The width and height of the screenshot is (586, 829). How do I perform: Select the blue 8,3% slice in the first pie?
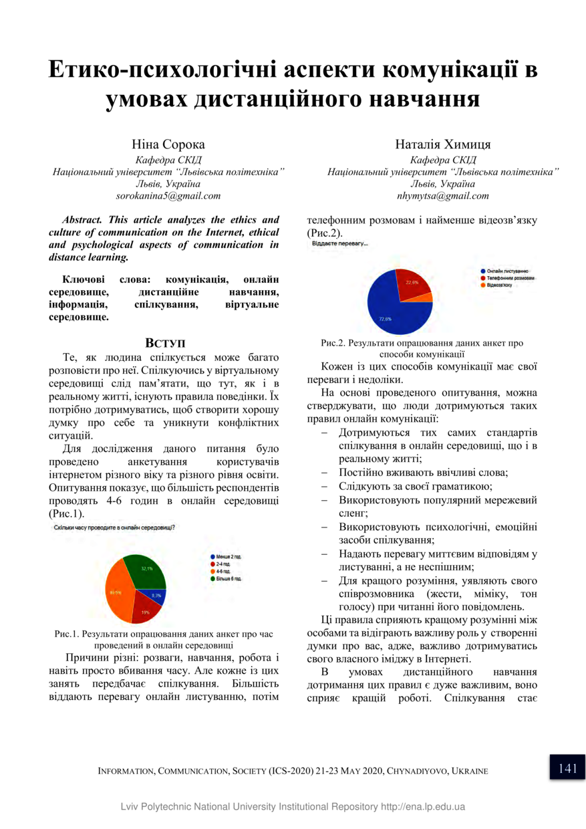pyautogui.click(x=156, y=595)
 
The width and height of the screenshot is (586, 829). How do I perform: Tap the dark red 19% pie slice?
pyautogui.click(x=145, y=609)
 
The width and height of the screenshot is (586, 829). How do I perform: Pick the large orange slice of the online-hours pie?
pyautogui.click(x=118, y=592)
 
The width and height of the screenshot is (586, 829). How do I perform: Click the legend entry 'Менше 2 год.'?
pyautogui.click(x=228, y=556)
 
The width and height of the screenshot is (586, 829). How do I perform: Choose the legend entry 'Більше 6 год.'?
pyautogui.click(x=230, y=578)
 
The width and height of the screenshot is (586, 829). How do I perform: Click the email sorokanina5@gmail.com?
pyautogui.click(x=168, y=197)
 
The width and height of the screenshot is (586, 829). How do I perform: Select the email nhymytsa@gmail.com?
pyautogui.click(x=442, y=197)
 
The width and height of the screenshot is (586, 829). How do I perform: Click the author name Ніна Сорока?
pyautogui.click(x=168, y=144)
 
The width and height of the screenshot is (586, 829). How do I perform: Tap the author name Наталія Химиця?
pyautogui.click(x=443, y=144)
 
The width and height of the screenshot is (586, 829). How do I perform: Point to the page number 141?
pyautogui.click(x=567, y=768)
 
